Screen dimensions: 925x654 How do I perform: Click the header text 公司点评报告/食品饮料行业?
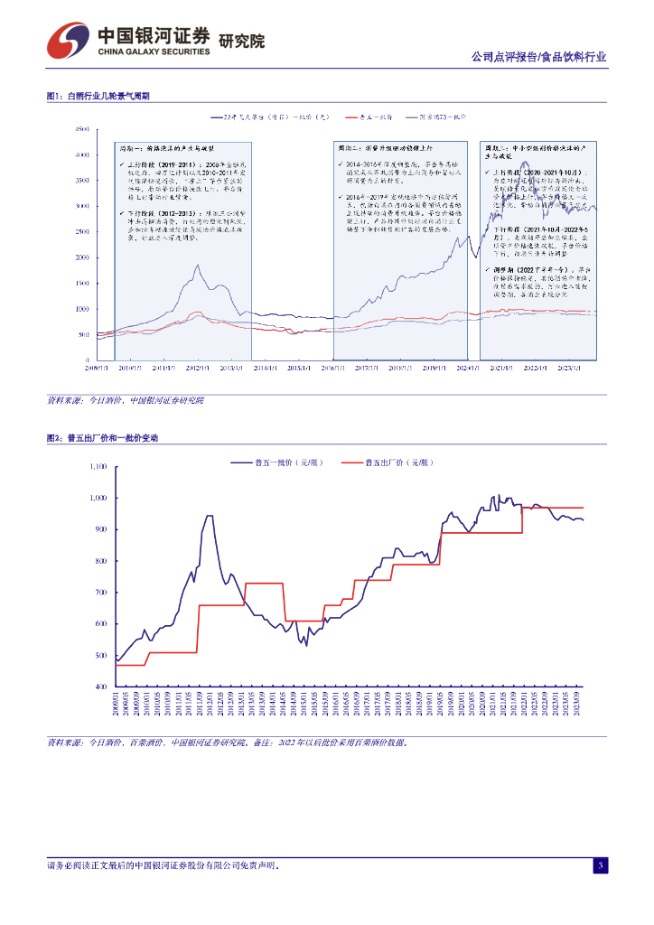[x=538, y=56]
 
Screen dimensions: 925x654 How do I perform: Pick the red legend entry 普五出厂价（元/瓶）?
[x=398, y=462]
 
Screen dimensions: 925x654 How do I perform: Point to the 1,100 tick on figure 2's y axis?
[x=98, y=467]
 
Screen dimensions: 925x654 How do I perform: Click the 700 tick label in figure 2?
[x=101, y=593]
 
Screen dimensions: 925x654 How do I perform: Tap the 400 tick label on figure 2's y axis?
[x=101, y=687]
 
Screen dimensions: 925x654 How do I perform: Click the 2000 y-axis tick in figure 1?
[x=82, y=257]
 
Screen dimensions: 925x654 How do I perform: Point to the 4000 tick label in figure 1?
[x=82, y=155]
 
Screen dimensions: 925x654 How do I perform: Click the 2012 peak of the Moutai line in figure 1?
[x=197, y=266]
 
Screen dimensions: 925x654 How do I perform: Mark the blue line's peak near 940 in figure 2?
[x=210, y=517]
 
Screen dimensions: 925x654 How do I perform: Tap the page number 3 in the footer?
[x=600, y=866]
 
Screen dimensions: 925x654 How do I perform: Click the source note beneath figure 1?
[x=126, y=399]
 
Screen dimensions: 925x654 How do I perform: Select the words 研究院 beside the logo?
[x=242, y=41]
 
